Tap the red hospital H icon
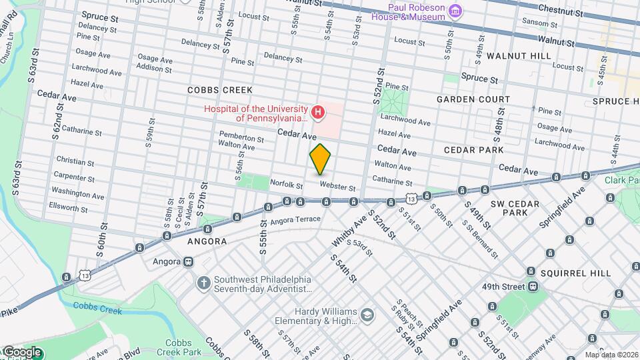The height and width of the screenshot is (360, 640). coord(318,113)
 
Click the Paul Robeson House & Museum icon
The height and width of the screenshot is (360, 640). coord(455,10)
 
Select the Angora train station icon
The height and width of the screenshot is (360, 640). coord(189,262)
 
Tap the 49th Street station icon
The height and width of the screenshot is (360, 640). coord(533,287)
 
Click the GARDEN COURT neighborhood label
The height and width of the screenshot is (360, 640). coord(473,99)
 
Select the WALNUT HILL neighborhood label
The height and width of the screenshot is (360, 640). coord(519,56)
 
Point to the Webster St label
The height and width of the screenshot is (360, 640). coord(337,187)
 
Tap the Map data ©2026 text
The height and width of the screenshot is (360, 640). coord(611,355)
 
